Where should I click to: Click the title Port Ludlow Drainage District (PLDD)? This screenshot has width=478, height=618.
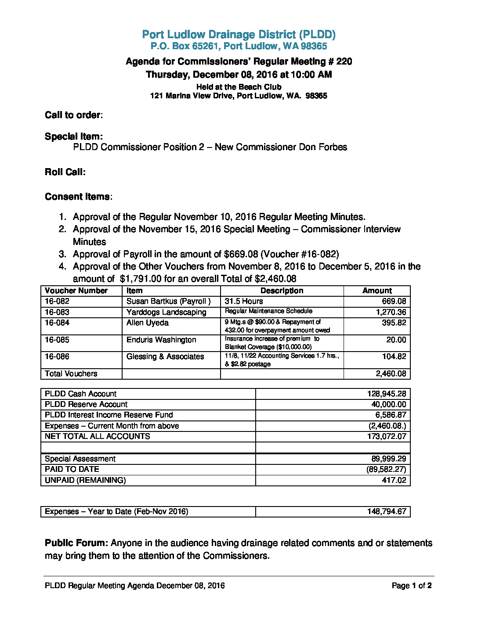click(x=239, y=35)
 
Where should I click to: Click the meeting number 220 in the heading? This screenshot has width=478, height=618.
click(x=344, y=61)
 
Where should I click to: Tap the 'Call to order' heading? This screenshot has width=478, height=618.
click(x=73, y=115)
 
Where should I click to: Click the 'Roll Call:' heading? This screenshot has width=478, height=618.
click(x=65, y=172)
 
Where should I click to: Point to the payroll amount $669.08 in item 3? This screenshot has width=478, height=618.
click(x=241, y=254)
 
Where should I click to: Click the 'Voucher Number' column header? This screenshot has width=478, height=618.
click(x=76, y=291)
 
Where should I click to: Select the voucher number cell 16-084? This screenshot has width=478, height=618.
click(x=57, y=323)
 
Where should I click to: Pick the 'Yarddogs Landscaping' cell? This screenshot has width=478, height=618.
click(x=166, y=312)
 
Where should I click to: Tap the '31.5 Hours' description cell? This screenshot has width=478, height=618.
click(x=244, y=301)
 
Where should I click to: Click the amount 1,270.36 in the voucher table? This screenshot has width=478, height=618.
click(x=391, y=312)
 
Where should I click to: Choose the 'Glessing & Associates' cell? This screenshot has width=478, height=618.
click(x=165, y=356)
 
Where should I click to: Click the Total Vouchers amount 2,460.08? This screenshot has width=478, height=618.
click(x=391, y=374)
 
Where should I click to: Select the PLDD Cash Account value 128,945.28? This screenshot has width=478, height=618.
click(x=386, y=394)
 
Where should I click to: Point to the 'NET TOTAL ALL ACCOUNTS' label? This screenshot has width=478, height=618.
click(x=97, y=436)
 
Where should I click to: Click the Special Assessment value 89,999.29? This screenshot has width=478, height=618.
click(x=388, y=459)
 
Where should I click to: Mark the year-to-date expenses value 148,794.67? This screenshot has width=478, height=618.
click(x=386, y=511)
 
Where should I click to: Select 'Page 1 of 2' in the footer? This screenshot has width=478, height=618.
click(x=411, y=586)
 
